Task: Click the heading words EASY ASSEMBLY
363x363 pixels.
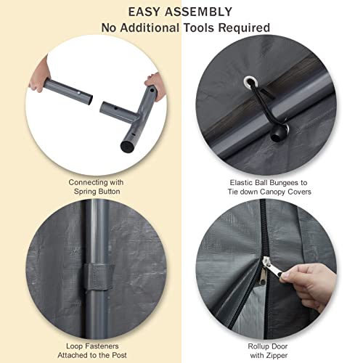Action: coord(180,12)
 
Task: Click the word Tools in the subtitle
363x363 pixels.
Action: coord(199,28)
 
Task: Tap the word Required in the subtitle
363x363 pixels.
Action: coord(244,28)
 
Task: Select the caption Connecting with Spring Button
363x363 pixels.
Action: coord(96,187)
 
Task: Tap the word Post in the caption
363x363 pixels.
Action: coord(119,355)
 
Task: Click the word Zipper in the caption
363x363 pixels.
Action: coord(276,356)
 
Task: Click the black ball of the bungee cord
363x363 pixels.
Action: coord(277,135)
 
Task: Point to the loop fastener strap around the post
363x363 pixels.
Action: coord(99,277)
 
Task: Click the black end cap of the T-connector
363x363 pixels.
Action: coord(128,147)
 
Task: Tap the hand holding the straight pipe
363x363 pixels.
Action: coord(39,76)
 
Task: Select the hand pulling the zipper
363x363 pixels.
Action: coord(308,286)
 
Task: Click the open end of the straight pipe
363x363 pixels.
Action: coord(89,99)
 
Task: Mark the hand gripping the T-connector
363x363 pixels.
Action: coord(156,85)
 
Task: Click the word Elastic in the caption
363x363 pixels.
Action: coord(242,182)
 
